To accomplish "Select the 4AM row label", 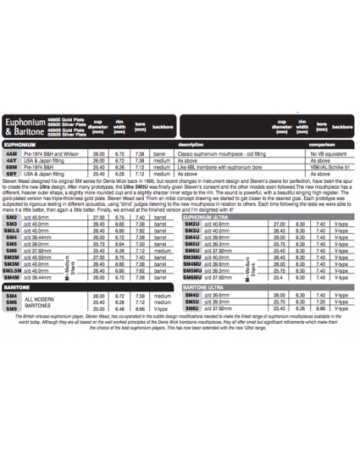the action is (x=12, y=152).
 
